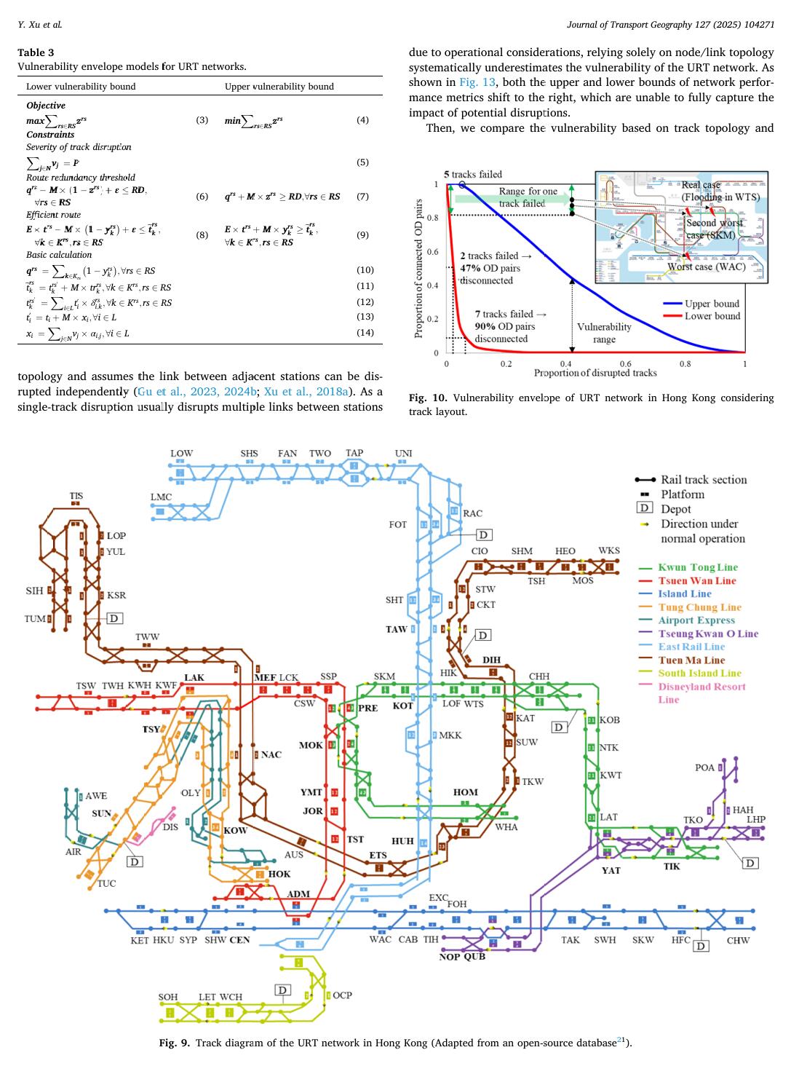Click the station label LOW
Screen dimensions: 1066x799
coord(181,453)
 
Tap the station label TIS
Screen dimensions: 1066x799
coord(76,496)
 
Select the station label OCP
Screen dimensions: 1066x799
coord(342,995)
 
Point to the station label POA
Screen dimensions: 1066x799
coord(704,767)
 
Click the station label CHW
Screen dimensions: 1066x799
coord(738,940)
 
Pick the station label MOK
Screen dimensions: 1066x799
coord(311,745)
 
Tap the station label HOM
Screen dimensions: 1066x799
coord(466,792)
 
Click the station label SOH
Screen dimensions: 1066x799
coord(168,997)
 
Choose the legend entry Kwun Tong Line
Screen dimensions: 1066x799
coord(697,567)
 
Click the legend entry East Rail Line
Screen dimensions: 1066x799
coord(691,647)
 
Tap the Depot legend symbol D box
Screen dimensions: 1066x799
coord(645,509)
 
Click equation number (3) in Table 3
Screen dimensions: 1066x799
coord(202,119)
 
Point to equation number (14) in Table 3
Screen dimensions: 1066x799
coord(365,333)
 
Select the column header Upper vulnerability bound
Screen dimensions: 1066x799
coord(279,86)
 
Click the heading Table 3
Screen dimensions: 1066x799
coord(36,52)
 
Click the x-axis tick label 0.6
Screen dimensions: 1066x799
coord(625,363)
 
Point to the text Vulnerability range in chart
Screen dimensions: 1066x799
coord(604,333)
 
